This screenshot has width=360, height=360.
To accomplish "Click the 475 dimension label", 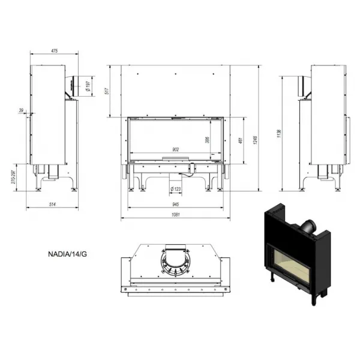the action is [55, 51].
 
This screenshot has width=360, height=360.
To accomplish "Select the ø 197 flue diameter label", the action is [88, 86].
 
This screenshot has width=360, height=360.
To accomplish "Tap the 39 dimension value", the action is [21, 110].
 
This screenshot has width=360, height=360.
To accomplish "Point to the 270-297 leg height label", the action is [14, 177].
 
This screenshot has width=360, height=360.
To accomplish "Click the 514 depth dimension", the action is [52, 205].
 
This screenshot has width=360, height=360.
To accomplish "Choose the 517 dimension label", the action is [107, 91].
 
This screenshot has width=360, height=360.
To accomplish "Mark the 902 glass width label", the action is [175, 149].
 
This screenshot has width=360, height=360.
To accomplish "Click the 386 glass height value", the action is [207, 140].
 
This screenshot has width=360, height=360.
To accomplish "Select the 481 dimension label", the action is [241, 140].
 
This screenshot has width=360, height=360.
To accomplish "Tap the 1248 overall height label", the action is [256, 140].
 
